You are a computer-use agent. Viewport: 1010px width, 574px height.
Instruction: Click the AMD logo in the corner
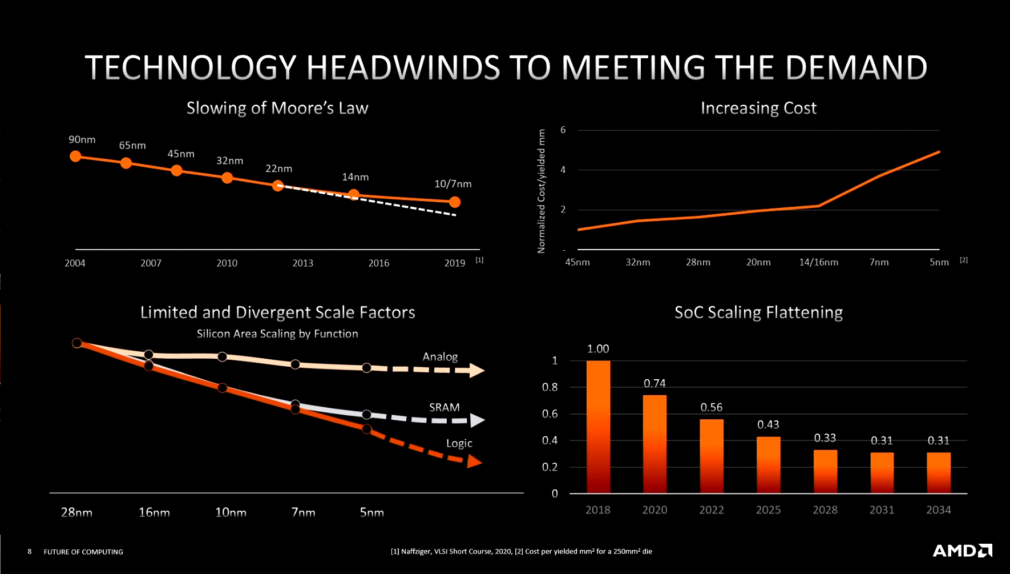tap(962, 551)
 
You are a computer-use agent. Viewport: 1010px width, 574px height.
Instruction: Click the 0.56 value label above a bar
tap(711, 407)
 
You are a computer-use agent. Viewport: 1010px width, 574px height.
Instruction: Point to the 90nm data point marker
tap(75, 156)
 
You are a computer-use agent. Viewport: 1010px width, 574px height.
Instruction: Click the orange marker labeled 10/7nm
tap(455, 202)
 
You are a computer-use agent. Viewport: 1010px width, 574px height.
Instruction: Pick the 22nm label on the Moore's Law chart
tap(278, 168)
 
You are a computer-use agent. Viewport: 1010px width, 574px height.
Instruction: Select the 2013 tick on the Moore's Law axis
tap(302, 263)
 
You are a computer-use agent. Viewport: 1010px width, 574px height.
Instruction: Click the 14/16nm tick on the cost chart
tap(818, 262)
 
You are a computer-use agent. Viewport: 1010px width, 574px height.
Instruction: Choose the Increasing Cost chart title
tap(758, 108)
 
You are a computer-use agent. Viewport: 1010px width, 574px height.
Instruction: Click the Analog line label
tap(440, 356)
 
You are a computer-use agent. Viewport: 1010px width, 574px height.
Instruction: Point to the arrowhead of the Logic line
tap(474, 461)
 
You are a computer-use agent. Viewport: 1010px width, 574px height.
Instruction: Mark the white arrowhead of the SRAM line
tap(477, 420)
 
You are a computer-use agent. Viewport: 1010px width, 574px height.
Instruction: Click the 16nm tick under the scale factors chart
tap(154, 512)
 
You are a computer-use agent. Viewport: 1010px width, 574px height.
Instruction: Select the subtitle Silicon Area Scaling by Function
tap(277, 334)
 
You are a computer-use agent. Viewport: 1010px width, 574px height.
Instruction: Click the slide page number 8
tap(30, 551)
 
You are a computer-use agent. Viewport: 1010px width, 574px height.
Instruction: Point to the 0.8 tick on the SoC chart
tap(550, 387)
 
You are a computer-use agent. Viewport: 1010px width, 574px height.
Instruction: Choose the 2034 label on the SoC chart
tap(938, 509)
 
